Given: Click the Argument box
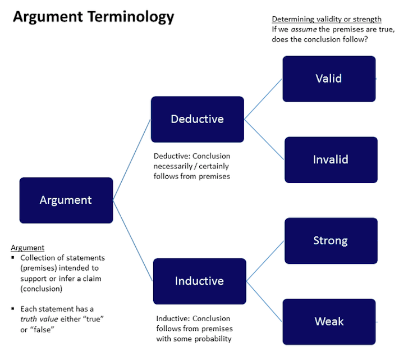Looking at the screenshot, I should coord(66,200).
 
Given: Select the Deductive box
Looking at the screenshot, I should coord(197,119).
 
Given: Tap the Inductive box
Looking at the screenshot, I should coord(199,281).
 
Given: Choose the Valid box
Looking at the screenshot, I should coord(329,79).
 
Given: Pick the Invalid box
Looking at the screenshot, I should coord(331,160).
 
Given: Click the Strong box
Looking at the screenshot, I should coord(331,240).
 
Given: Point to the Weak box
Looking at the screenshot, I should coord(329,321).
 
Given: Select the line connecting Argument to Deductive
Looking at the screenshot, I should coord(132,160).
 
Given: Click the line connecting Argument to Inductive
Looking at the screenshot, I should coord(133,240).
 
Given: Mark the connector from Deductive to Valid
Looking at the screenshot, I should coord(263,99).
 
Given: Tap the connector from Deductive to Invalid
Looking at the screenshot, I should coord(264,139).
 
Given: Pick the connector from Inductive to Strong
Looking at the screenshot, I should coord(265,261).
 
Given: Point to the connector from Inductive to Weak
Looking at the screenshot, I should coord(264,301).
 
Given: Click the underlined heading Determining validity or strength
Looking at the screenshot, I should coord(327,19).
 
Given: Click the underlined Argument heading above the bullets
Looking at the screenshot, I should coord(27,248).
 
